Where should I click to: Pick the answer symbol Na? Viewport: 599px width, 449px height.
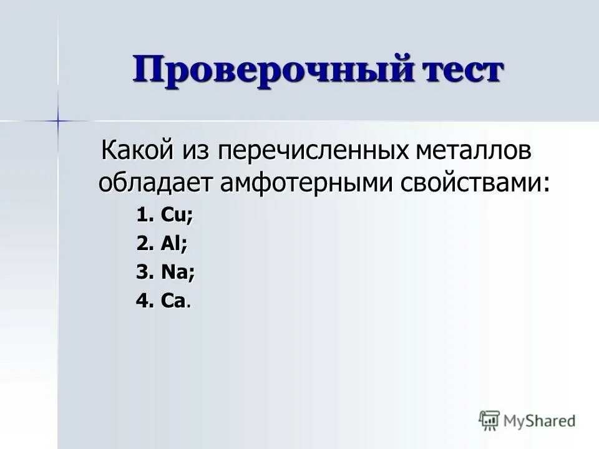(x=177, y=273)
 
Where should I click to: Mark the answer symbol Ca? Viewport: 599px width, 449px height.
(x=173, y=302)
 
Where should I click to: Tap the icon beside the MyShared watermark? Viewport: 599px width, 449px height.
(x=489, y=420)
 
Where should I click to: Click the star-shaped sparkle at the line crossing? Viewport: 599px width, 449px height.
(x=57, y=119)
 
